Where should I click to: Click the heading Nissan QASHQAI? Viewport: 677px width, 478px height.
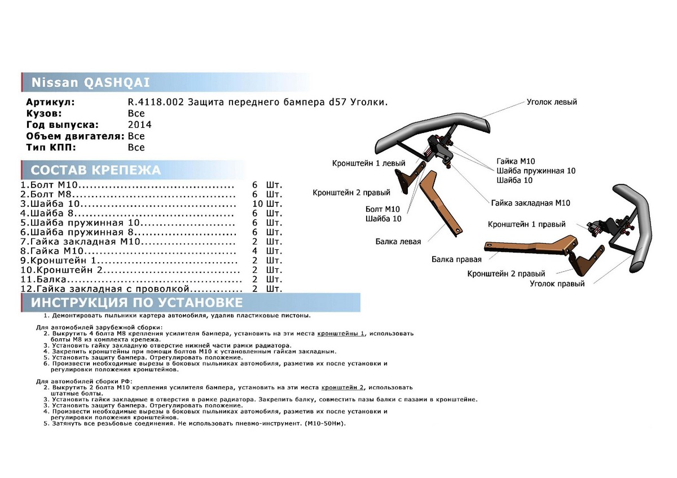[x=90, y=82]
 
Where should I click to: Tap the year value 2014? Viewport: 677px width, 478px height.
[x=140, y=125]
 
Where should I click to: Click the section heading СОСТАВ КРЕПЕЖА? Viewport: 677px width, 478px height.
[x=95, y=170]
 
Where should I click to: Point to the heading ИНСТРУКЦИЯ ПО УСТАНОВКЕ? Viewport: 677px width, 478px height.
[x=137, y=303]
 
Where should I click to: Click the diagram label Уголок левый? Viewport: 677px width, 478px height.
[x=551, y=102]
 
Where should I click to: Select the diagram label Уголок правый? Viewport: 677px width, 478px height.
[x=557, y=284]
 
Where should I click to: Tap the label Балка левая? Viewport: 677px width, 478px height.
[x=398, y=241]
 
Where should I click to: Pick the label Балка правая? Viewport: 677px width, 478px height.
[x=456, y=259]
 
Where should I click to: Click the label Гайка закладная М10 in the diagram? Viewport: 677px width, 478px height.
[x=530, y=203]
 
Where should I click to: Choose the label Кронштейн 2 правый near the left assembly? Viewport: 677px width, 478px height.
[x=344, y=193]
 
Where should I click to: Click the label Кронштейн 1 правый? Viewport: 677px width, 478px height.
[x=526, y=224]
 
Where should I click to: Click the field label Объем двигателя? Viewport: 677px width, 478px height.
[x=75, y=136]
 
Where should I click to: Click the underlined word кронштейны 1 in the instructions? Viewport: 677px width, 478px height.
[x=341, y=333]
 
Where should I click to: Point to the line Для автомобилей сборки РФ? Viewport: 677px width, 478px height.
[x=79, y=382]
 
